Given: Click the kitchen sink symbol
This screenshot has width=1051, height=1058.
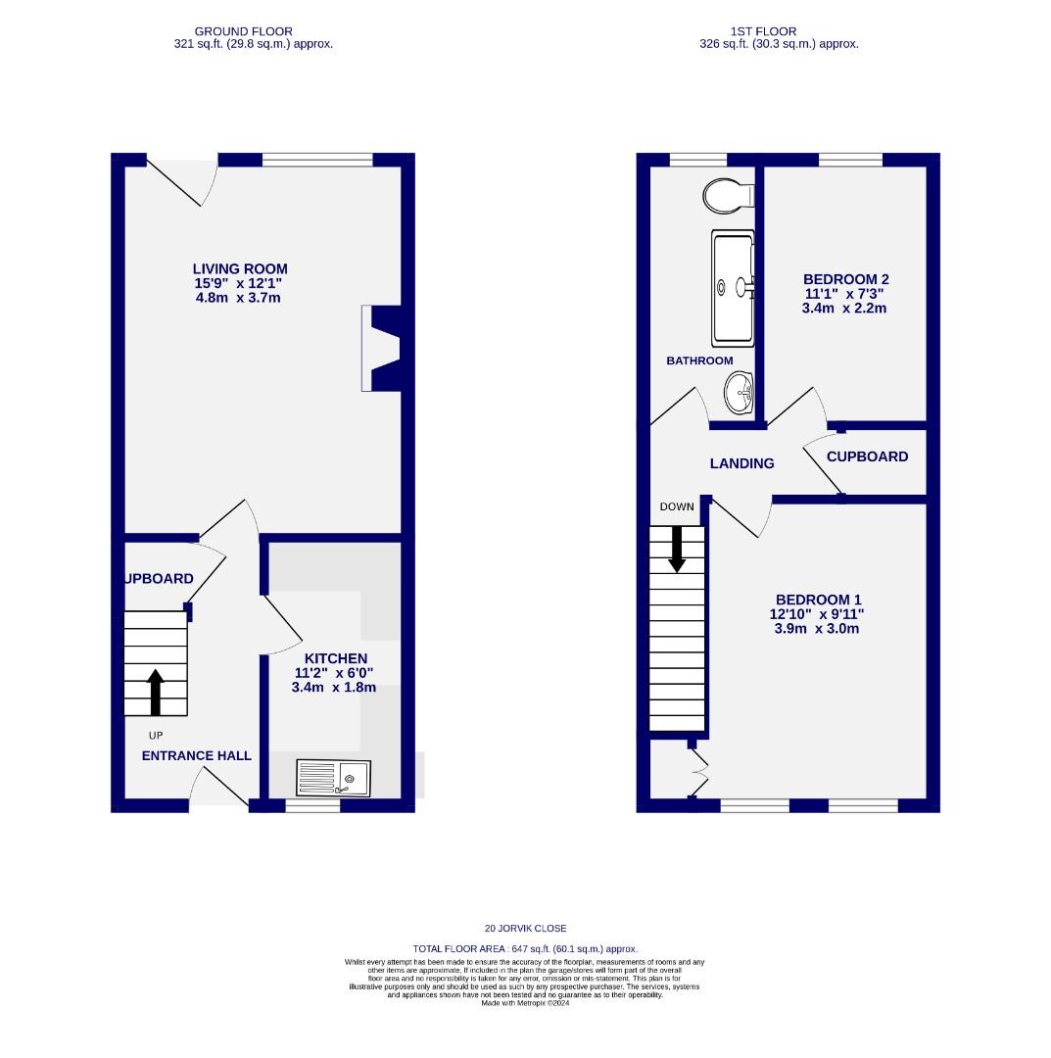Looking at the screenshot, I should click(333, 780).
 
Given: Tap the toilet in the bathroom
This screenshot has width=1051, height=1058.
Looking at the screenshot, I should click(727, 196).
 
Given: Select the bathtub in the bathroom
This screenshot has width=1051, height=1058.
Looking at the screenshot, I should click(733, 288).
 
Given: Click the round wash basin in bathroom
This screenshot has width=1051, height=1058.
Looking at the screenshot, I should click(739, 394).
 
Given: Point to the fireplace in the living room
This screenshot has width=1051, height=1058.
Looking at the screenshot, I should click(382, 349).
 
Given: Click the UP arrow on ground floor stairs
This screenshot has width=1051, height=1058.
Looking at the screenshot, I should click(156, 693).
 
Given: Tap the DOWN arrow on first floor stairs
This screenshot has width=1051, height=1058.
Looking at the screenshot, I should click(677, 549).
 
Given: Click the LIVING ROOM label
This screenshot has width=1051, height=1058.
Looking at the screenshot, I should click(240, 268).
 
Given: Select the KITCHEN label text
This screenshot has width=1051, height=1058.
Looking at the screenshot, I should click(335, 658).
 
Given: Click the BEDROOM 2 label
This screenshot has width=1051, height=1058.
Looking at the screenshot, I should click(845, 279).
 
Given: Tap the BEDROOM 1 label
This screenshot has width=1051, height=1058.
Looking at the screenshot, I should click(818, 600).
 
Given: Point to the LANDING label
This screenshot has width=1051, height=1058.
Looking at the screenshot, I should click(741, 463).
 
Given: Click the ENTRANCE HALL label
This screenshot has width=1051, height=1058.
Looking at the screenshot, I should click(197, 755).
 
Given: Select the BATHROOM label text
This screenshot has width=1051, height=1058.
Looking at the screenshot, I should click(699, 361).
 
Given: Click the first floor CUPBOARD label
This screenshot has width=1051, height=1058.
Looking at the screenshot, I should click(867, 457).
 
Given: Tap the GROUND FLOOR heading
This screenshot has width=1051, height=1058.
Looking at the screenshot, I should click(243, 31).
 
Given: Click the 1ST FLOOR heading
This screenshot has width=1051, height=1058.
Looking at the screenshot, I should click(763, 31).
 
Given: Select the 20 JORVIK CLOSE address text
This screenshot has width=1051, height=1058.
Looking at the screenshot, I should click(525, 928).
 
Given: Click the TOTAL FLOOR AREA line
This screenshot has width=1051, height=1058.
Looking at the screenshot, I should click(525, 948).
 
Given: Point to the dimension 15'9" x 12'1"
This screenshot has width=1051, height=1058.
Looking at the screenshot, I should click(238, 283).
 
